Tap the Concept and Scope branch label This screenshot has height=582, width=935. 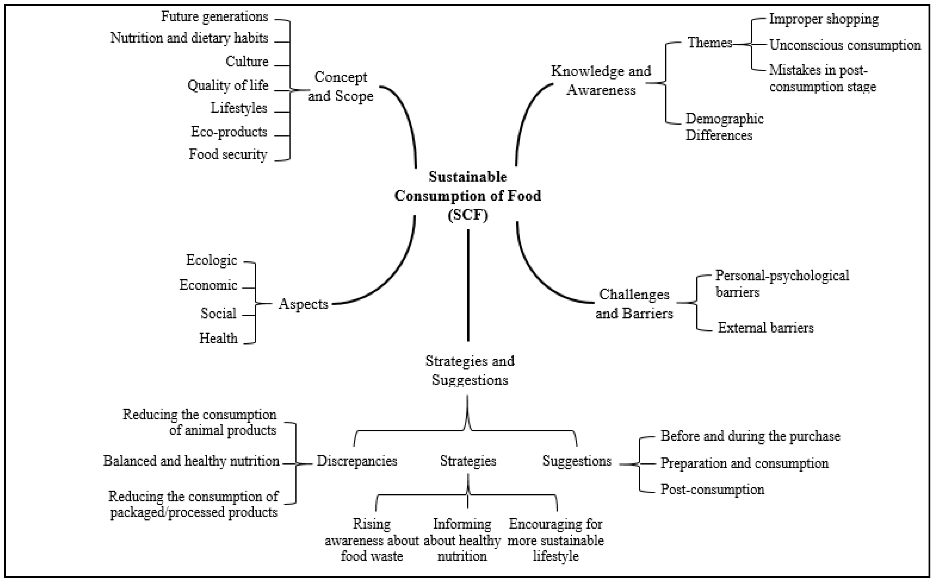340,87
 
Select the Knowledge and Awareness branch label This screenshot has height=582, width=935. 601,80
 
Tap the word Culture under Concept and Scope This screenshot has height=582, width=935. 247,61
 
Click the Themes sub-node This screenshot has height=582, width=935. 710,43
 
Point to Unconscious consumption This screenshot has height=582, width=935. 845,45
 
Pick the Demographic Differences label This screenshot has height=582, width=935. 724,127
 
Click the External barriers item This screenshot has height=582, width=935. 765,328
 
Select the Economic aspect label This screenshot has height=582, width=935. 208,285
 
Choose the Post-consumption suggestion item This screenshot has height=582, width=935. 712,489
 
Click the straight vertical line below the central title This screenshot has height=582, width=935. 468,285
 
